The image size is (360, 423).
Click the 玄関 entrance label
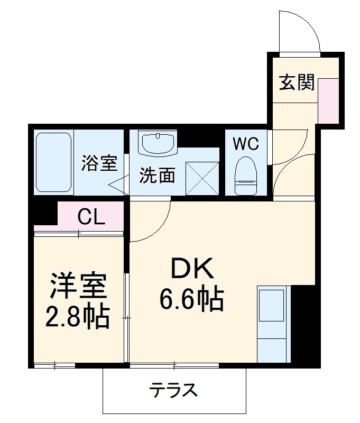click(297, 82)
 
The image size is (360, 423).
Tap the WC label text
click(246, 143)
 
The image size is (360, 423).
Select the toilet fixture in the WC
click(245, 175)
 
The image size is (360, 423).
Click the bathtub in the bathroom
click(53, 162)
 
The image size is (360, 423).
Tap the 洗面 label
click(157, 176)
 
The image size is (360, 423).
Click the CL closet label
click(91, 216)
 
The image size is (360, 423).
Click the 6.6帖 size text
click(191, 300)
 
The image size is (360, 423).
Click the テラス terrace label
click(173, 391)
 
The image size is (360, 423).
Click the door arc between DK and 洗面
click(153, 222)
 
